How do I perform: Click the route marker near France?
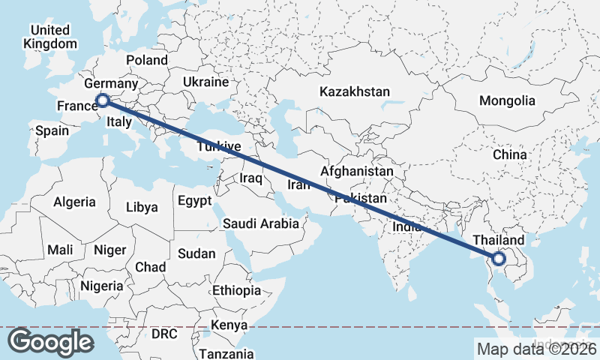click(103, 100)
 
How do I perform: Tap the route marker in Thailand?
click(499, 259)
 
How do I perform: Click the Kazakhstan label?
click(355, 92)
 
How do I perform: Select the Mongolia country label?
click(508, 100)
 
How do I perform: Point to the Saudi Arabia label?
click(261, 223)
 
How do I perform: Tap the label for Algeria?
click(74, 202)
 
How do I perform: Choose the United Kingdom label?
click(49, 37)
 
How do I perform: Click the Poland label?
click(147, 60)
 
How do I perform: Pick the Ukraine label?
click(205, 82)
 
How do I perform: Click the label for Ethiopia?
click(236, 290)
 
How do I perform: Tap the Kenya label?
click(229, 325)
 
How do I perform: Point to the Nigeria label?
click(101, 286)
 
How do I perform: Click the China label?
click(510, 155)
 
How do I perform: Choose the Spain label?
click(52, 130)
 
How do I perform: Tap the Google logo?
click(50, 342)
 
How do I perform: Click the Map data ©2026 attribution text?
click(535, 348)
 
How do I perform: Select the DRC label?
click(164, 332)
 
